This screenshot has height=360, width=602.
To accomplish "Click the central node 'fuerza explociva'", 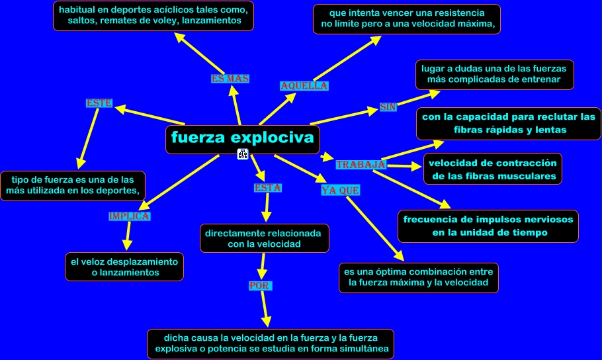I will click(x=242, y=139).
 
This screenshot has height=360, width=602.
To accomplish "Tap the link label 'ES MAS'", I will click(x=230, y=79).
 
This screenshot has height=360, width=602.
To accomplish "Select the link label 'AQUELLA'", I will click(x=304, y=86).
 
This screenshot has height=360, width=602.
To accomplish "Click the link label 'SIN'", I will click(x=388, y=107).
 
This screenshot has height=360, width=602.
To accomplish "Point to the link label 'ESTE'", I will click(x=99, y=103).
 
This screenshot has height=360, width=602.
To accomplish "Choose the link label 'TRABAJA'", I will click(x=361, y=164).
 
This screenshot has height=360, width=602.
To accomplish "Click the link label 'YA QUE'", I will click(x=340, y=191).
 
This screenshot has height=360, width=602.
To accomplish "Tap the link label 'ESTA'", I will click(x=268, y=188).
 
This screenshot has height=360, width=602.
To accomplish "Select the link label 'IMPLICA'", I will click(x=129, y=216).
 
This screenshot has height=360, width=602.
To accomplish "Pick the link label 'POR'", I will click(x=257, y=285).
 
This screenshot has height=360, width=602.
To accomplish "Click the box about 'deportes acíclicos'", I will click(x=154, y=16).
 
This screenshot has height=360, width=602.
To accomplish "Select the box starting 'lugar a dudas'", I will click(x=494, y=74).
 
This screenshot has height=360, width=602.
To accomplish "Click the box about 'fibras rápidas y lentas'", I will click(x=509, y=124).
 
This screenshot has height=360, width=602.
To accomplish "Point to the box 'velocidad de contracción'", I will click(x=493, y=169).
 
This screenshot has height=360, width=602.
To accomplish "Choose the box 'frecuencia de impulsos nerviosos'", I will click(x=488, y=226).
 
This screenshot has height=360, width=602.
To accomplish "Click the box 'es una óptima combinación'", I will click(x=418, y=278).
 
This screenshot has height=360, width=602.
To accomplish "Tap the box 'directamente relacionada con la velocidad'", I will click(x=264, y=238).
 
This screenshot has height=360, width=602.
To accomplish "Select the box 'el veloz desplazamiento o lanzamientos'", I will click(x=124, y=266).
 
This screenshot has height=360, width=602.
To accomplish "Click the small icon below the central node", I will click(x=242, y=154).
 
